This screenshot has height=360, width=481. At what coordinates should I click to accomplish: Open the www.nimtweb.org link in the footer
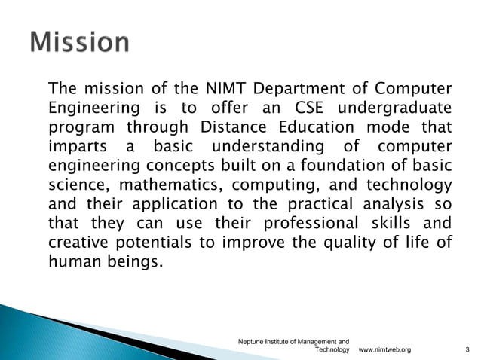pos(384,350)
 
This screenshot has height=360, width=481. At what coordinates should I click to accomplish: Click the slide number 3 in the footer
pos(467,350)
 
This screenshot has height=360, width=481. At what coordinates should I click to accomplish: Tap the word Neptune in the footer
pos(252,341)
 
